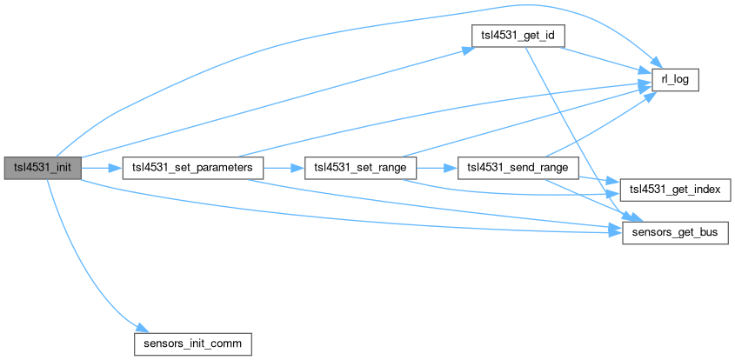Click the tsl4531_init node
[x=43, y=167]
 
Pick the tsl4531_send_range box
[x=518, y=167]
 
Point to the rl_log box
[x=675, y=80]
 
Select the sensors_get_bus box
[x=674, y=233]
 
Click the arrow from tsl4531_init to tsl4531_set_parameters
[x=101, y=167]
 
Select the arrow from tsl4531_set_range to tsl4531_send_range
[x=434, y=167]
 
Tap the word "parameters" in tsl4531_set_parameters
[x=223, y=167]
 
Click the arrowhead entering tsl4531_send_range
[x=453, y=167]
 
